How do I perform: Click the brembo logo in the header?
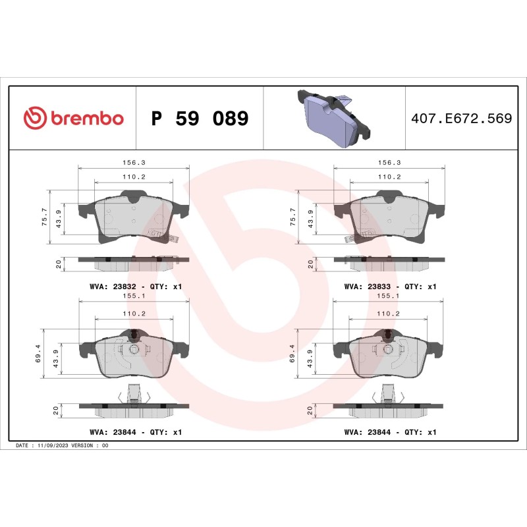pos(73,119)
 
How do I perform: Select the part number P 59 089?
pos(200,119)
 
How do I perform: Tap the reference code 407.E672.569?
pos(461,119)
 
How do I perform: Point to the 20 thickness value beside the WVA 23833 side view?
pos(310,264)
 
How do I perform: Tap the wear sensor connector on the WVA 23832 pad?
pos(158,233)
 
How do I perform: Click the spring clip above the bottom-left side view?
pos(134,393)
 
